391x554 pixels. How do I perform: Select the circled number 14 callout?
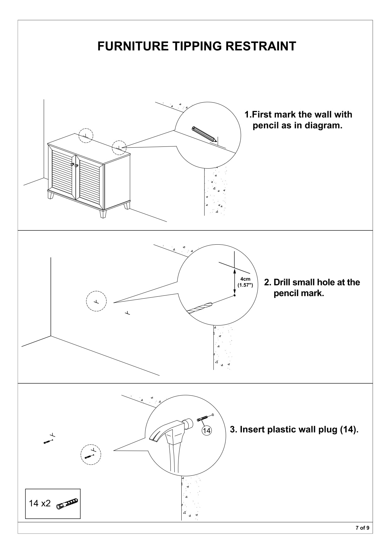[206, 430]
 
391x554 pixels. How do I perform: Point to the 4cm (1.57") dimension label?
[245, 282]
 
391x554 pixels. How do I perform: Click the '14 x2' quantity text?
[40, 503]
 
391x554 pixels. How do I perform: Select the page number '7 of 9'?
[362, 527]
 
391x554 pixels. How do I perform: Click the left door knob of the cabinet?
[72, 164]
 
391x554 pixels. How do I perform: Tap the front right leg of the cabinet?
[102, 214]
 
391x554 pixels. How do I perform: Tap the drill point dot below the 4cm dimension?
[235, 295]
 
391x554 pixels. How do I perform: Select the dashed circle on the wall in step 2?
[96, 301]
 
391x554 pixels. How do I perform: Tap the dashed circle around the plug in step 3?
[91, 455]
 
